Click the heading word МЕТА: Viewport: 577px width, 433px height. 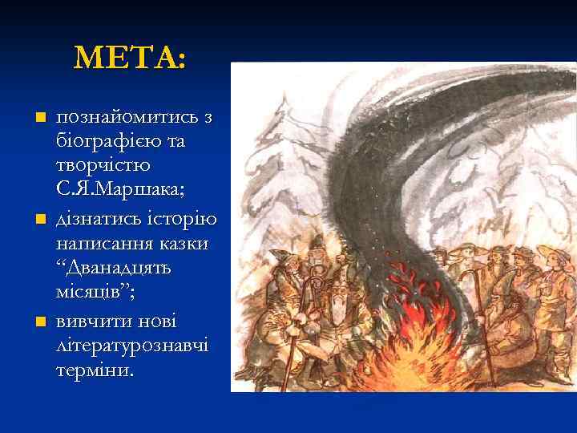[x=129, y=58]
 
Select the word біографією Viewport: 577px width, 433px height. [x=105, y=142]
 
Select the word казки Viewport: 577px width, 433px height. [x=183, y=242]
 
